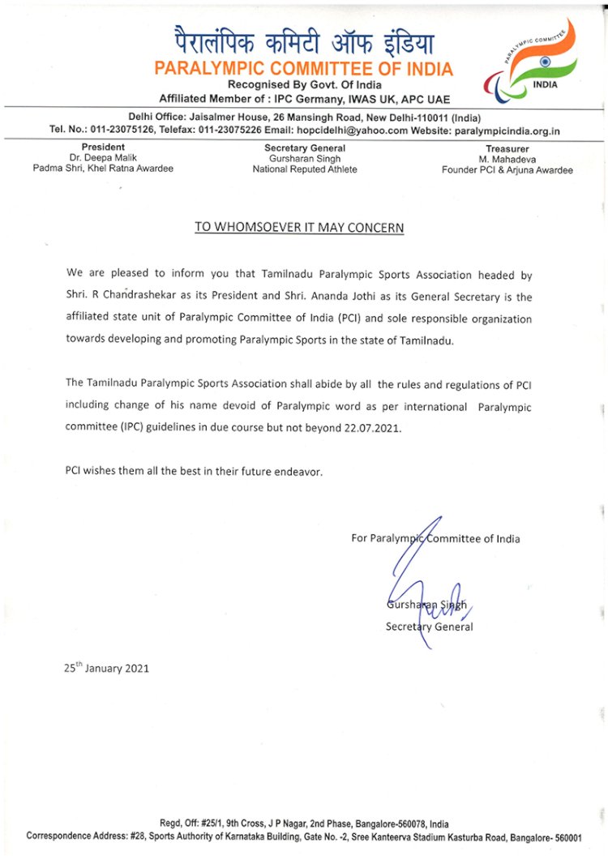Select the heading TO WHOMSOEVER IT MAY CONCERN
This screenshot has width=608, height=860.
tap(298, 228)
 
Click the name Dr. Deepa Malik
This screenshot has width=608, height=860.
tap(103, 159)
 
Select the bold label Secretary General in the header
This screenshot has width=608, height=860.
tap(304, 148)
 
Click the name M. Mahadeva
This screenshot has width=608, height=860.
tap(507, 160)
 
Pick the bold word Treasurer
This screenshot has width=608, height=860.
tap(507, 149)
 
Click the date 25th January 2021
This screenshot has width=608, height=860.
tap(106, 669)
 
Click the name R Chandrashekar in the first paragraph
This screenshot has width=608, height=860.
tap(140, 297)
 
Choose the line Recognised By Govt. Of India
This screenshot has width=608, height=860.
tap(304, 85)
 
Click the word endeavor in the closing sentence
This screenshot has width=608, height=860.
tap(298, 471)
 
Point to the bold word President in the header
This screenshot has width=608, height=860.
tap(103, 148)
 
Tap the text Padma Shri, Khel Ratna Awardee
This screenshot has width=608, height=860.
tap(103, 169)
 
